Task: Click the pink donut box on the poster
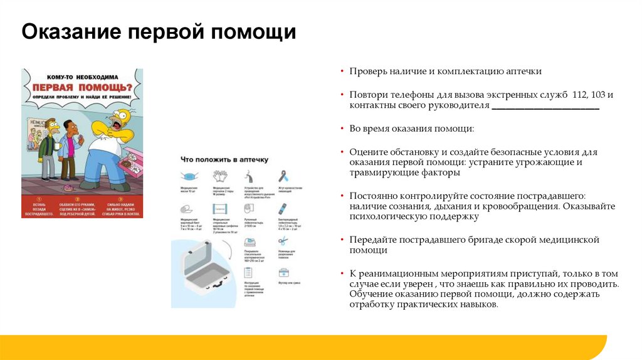(132, 168)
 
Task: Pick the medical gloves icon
(219, 176)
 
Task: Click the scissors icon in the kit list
(283, 240)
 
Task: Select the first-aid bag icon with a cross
(283, 272)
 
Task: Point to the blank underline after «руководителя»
(545, 107)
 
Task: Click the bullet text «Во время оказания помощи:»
(412, 129)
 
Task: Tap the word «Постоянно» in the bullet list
(372, 196)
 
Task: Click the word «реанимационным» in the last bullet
(397, 274)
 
